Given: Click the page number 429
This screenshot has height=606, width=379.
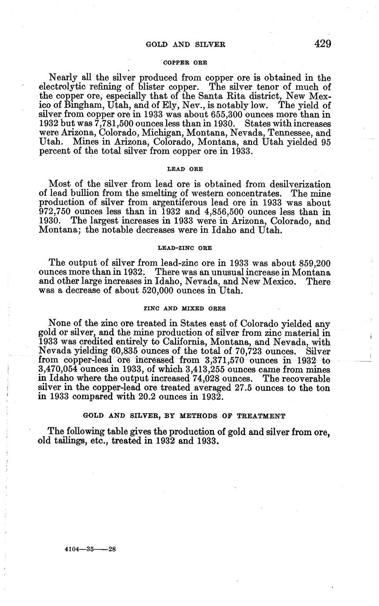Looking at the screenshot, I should click(x=322, y=43).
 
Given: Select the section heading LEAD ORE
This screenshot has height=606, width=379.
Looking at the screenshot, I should click(x=185, y=169).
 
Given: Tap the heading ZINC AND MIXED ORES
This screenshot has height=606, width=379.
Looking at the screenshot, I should click(x=185, y=309).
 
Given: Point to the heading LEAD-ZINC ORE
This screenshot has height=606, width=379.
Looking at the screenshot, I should click(x=185, y=248).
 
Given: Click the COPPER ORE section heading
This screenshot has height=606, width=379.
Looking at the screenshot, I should click(x=185, y=63).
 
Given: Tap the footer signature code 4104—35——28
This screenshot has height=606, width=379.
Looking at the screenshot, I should click(x=90, y=548).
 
